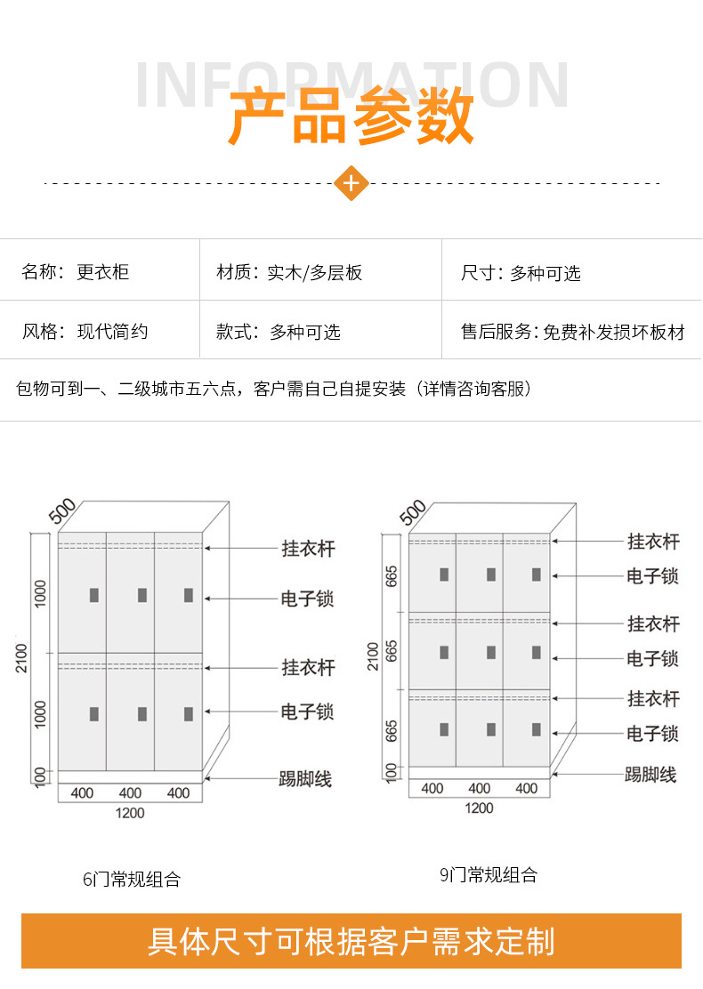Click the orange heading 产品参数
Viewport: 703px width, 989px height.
click(x=351, y=117)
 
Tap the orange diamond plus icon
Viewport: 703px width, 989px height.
click(x=351, y=183)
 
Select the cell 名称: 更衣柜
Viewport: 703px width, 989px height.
click(x=76, y=272)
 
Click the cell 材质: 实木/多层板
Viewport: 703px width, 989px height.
click(x=289, y=272)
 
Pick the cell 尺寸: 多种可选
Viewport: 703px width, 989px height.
click(x=521, y=272)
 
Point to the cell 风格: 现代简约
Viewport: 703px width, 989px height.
click(x=85, y=332)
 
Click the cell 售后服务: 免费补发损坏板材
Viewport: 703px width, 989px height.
click(x=572, y=332)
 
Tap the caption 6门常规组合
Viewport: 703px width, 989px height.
click(x=132, y=879)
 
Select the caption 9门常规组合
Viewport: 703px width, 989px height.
click(x=489, y=875)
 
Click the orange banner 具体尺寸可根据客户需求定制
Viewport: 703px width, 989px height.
click(x=351, y=941)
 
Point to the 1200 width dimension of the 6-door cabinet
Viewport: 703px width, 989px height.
click(x=130, y=812)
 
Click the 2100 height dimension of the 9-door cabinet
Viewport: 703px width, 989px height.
click(x=374, y=656)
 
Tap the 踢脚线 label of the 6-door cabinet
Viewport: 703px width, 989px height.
click(x=305, y=779)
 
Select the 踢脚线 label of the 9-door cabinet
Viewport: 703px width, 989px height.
click(x=650, y=775)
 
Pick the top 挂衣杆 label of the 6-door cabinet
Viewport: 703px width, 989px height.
click(x=308, y=549)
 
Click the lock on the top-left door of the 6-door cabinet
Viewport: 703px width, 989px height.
click(x=93, y=595)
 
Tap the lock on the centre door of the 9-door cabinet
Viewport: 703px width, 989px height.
click(x=489, y=652)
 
